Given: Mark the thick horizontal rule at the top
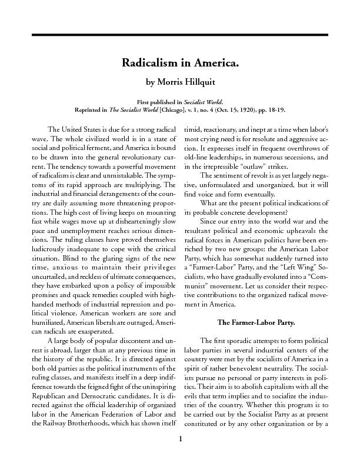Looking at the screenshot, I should point(180,35).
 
